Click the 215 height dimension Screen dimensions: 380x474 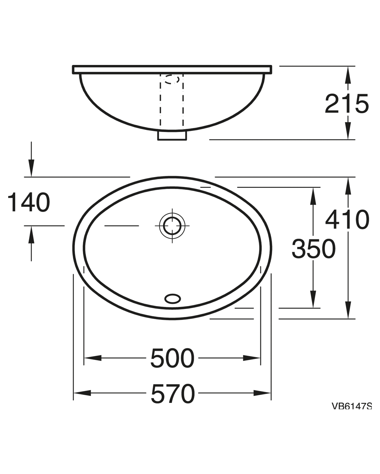(347, 104)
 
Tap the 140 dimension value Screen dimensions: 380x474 (29, 202)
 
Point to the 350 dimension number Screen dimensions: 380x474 (314, 249)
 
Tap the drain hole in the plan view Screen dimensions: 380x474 (172, 226)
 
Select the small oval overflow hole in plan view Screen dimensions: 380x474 (173, 299)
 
